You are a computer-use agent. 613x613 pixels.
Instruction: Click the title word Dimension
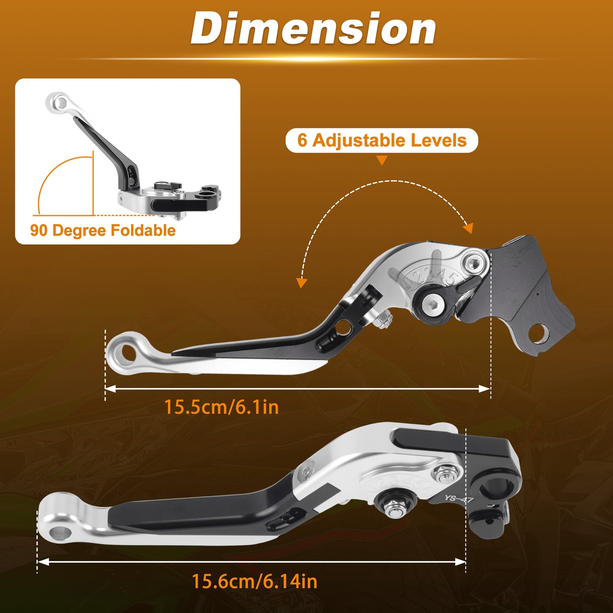pos(313,28)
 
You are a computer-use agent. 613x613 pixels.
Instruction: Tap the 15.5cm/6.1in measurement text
pos(221,407)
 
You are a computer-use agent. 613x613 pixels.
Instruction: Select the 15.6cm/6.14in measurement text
pos(255,582)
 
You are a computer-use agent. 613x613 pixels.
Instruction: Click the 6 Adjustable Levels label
pos(382,140)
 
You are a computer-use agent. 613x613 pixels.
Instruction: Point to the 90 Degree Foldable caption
pos(103,230)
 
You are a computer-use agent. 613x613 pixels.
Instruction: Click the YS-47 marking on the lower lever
pos(459,498)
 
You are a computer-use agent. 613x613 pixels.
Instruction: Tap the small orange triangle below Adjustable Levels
pos(382,160)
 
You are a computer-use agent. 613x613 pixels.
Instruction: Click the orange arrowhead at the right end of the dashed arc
pos(468,228)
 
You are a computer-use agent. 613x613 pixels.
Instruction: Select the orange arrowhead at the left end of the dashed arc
pos(301,283)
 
